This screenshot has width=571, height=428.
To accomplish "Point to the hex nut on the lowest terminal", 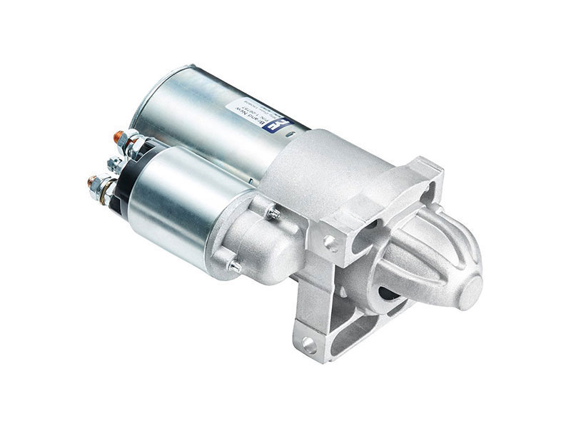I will (102, 187).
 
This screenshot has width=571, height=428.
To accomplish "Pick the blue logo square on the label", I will (281, 126).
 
